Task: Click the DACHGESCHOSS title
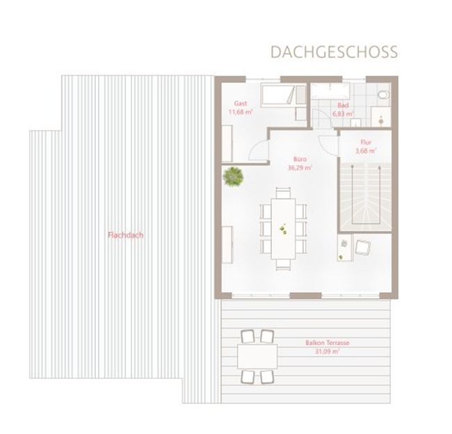tap(334, 52)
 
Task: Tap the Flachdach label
tap(125, 235)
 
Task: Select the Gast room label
tap(241, 103)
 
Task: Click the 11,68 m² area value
tap(241, 112)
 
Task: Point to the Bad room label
tap(343, 105)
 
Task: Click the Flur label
tap(366, 142)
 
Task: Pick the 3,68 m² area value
tap(366, 150)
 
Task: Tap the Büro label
tap(300, 159)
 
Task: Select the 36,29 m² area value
tap(300, 168)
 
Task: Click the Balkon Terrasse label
tap(328, 343)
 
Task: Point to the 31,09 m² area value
tap(328, 351)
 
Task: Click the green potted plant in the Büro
tap(233, 177)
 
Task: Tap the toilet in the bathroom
tap(384, 95)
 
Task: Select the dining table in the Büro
tap(283, 229)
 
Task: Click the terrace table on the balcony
tap(257, 356)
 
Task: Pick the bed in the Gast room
tap(283, 94)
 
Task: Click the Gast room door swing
tap(258, 150)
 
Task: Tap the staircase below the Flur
tap(365, 197)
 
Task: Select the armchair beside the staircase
tap(363, 248)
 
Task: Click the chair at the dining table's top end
tap(283, 193)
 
